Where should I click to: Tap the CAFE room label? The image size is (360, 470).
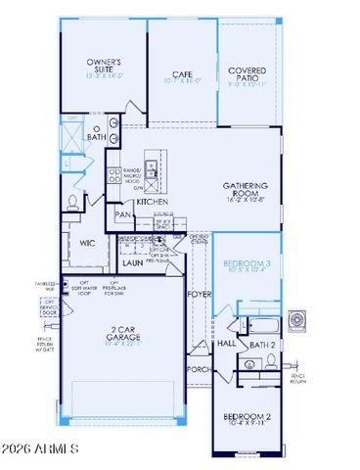(180, 71)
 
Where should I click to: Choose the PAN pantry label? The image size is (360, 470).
(123, 214)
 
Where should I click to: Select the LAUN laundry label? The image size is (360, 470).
(133, 262)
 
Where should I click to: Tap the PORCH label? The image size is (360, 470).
(199, 370)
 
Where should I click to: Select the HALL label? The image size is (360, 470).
(225, 344)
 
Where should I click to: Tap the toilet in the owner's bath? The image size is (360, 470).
(74, 203)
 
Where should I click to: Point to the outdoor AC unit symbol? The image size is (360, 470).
(300, 318)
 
